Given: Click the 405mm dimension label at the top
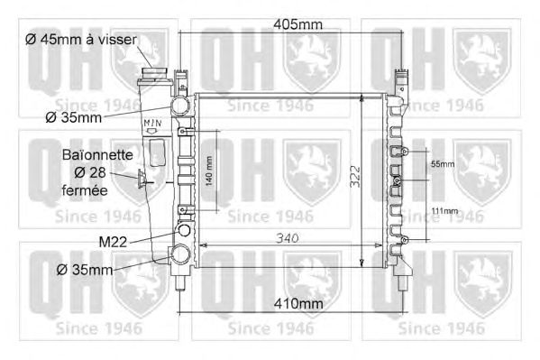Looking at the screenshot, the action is [297, 24].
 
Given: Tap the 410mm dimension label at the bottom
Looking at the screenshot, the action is [298, 304].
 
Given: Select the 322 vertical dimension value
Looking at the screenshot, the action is [354, 177].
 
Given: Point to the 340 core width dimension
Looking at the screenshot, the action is [288, 238].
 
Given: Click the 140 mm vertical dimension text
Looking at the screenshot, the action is [209, 171].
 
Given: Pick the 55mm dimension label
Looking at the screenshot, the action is [443, 164].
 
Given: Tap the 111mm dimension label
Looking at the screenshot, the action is [444, 210].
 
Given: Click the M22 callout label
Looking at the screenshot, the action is [113, 242].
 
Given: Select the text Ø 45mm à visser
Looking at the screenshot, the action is [81, 40].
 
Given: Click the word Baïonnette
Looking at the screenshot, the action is [97, 155].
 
